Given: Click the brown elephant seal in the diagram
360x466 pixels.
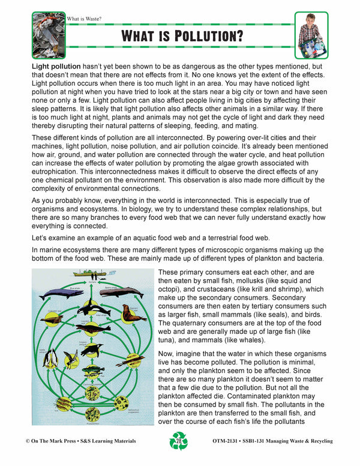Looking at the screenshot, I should click(133, 313).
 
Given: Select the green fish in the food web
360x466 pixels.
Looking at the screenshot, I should click(92, 371).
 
